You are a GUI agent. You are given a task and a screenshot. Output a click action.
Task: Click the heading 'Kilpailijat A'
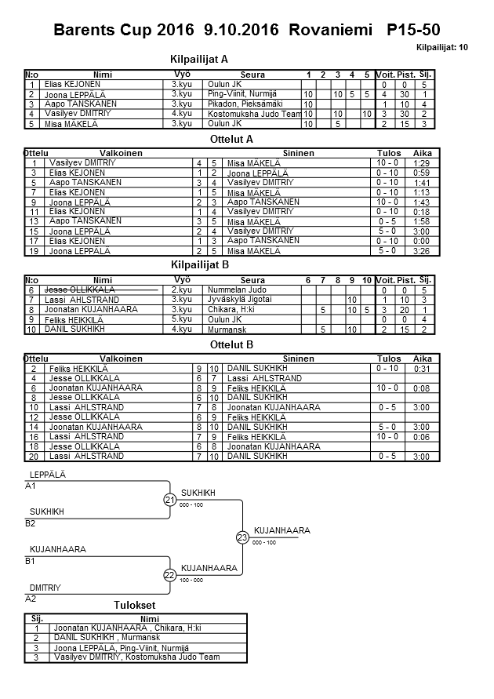tap(199, 59)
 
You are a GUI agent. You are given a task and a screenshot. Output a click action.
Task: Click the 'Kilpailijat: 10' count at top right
tap(442, 47)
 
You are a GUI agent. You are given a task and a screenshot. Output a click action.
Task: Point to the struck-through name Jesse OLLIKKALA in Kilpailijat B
tap(82, 290)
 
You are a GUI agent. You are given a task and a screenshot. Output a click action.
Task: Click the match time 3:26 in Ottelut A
tap(422, 252)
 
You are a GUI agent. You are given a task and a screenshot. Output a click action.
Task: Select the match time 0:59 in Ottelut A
tap(422, 173)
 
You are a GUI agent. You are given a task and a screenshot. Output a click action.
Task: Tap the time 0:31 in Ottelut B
tap(422, 368)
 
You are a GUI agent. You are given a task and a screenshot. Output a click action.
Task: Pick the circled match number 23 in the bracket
tap(243, 538)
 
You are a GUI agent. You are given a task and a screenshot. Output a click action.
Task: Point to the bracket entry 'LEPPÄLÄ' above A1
tap(48, 475)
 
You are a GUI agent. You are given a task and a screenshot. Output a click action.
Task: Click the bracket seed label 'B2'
tap(31, 523)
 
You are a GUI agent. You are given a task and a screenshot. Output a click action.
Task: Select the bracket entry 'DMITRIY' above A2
tap(45, 587)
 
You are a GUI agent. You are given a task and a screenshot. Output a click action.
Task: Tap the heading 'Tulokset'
tap(134, 605)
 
